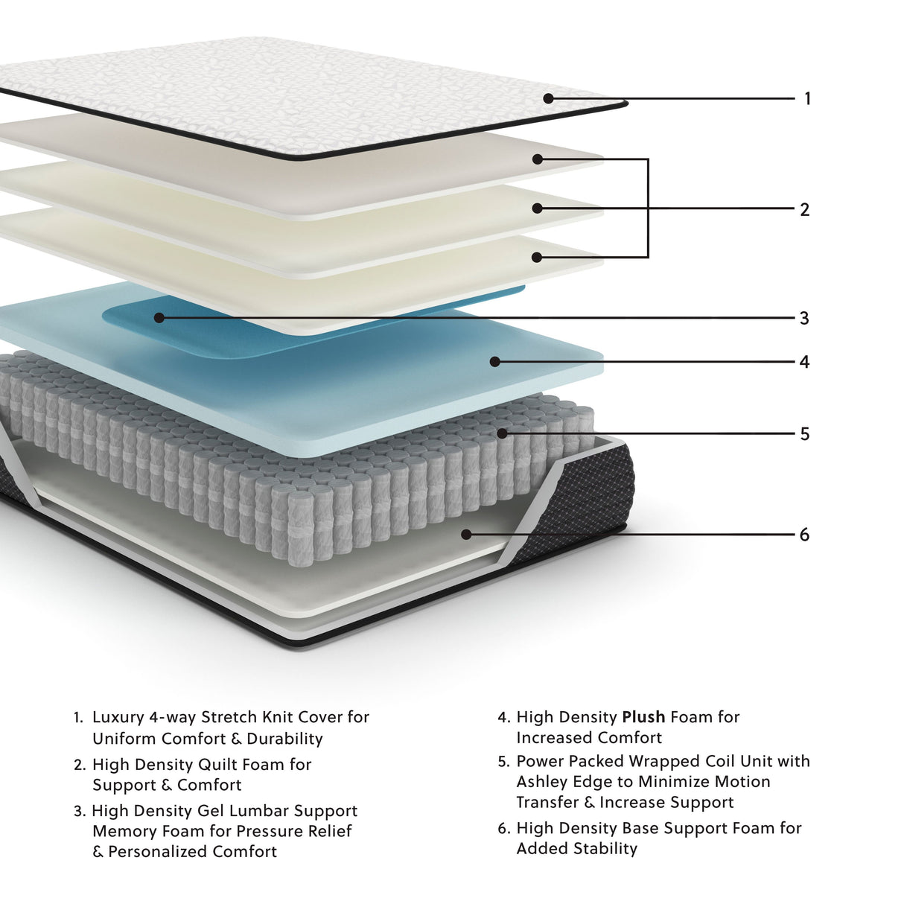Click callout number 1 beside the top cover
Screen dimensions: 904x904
coord(807,98)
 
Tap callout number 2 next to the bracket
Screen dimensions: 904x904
coord(804,210)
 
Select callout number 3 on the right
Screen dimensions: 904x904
coord(804,319)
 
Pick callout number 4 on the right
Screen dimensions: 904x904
coord(804,362)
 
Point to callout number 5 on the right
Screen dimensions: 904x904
coord(804,434)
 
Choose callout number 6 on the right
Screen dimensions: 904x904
coord(804,535)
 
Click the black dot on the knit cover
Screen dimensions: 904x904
coord(548,98)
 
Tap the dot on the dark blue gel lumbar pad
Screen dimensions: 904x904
coord(159,318)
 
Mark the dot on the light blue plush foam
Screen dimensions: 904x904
coord(494,362)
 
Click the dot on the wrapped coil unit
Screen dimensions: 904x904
coord(502,433)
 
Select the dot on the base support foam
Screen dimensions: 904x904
coord(466,534)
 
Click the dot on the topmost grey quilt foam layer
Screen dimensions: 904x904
coord(537,159)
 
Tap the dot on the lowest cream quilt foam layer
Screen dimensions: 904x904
coord(537,257)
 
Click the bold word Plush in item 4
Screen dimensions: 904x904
coord(643,717)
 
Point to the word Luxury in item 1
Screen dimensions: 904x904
coord(118,717)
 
